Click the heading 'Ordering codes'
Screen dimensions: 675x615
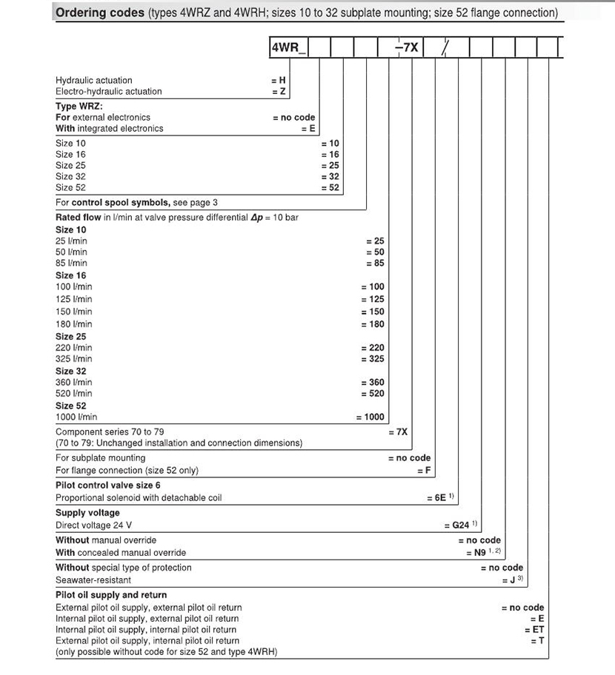[x=100, y=13]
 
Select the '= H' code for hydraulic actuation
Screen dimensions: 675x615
[x=279, y=80]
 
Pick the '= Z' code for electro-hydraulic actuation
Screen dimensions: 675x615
[x=279, y=92]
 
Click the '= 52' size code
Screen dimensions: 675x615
[x=330, y=188]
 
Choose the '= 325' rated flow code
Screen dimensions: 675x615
[x=373, y=359]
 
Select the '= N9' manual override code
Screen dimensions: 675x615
[x=479, y=553]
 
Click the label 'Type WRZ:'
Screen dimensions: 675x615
[x=79, y=106]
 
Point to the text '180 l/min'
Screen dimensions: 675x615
[x=74, y=324]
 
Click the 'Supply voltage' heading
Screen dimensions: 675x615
[x=87, y=513]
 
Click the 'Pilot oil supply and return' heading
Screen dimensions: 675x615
[x=111, y=595]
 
